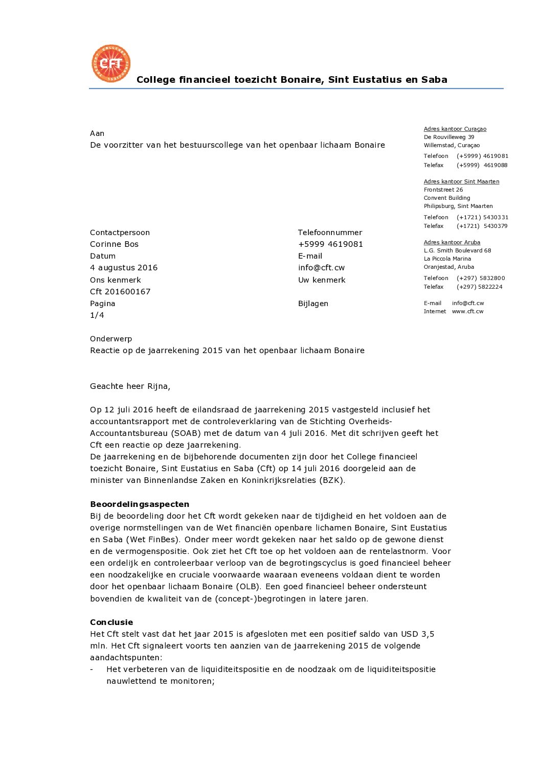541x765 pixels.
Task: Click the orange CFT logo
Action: (111, 63)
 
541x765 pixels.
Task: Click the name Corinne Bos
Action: (114, 244)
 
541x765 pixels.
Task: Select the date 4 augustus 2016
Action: (124, 268)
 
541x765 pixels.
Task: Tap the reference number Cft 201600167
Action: (120, 292)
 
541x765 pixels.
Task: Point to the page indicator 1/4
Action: (97, 315)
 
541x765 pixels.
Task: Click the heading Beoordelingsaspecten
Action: (140, 504)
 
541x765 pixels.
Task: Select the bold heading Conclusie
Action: (111, 622)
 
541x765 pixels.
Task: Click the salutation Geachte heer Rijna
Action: (130, 386)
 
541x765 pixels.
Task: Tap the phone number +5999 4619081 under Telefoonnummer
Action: (330, 244)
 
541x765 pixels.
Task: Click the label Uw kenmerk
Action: (322, 280)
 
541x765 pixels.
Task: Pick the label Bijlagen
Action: (313, 304)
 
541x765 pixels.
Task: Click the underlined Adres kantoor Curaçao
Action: (455, 129)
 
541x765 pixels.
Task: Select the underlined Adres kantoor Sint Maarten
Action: (461, 181)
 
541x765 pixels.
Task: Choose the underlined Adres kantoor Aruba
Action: (452, 242)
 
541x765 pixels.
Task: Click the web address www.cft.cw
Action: (467, 311)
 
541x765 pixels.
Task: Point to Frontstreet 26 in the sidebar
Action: (443, 190)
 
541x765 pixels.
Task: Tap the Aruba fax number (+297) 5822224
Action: (480, 287)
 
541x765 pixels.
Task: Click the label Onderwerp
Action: (111, 339)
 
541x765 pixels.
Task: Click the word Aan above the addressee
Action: (97, 133)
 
